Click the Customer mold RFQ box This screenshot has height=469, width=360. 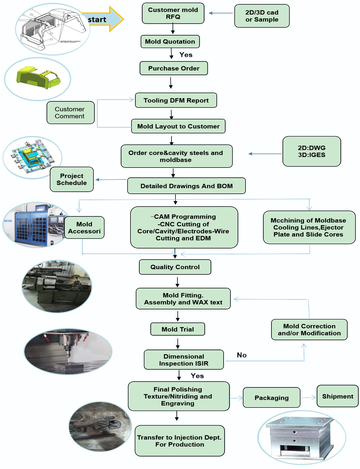[x=173, y=13]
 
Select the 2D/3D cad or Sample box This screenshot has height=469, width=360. [x=262, y=16]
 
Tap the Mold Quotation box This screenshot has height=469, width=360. [x=170, y=42]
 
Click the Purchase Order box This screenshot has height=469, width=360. [x=173, y=68]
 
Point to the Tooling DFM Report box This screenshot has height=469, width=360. [x=176, y=100]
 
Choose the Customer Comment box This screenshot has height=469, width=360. [x=70, y=113]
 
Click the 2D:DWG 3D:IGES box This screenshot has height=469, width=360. [x=312, y=151]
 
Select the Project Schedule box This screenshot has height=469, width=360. [x=71, y=179]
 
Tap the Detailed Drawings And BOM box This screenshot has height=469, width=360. [x=186, y=186]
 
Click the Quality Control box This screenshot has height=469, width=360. [x=175, y=267]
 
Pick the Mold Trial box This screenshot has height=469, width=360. [x=177, y=329]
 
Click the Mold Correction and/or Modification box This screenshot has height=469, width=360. [x=309, y=330]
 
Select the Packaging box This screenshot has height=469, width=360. [x=271, y=397]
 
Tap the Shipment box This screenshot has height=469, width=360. [x=337, y=396]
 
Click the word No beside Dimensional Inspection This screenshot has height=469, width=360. [x=242, y=355]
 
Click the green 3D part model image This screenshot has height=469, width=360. [x=38, y=78]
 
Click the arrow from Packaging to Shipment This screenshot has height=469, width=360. [x=309, y=397]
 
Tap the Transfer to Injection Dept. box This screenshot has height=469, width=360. [x=179, y=441]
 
